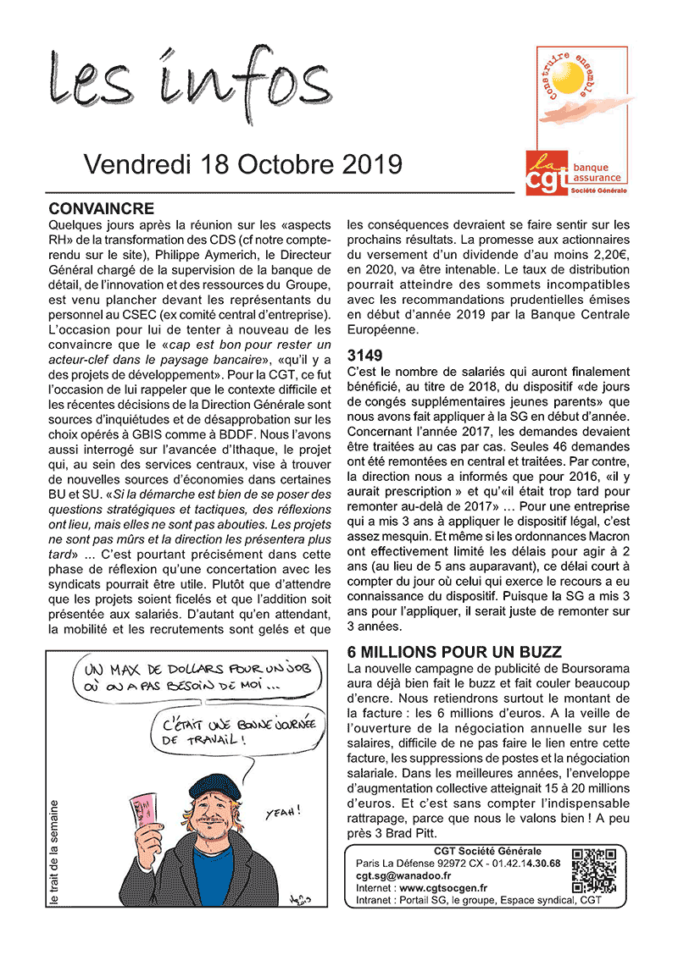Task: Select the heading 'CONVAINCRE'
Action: point(102,208)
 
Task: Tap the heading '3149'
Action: point(365,355)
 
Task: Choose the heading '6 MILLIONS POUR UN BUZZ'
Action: point(454,652)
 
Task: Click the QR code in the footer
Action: point(593,870)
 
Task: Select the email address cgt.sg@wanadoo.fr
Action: point(403,875)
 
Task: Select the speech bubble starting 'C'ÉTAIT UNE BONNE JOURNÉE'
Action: point(228,730)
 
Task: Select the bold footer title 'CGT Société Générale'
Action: point(487,852)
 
